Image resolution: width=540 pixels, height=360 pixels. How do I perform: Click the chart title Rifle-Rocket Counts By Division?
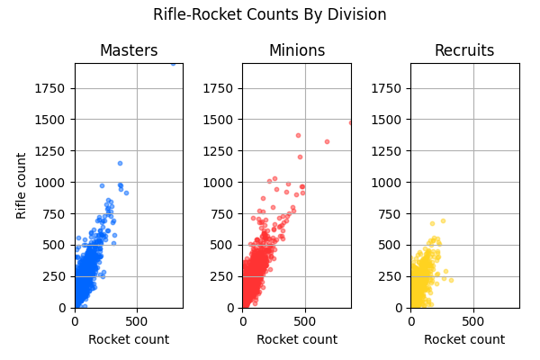click(x=270, y=14)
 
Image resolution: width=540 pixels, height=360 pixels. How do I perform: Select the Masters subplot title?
click(x=129, y=50)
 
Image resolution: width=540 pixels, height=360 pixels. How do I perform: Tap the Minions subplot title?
click(x=297, y=50)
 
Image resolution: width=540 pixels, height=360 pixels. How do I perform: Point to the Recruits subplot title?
click(x=464, y=50)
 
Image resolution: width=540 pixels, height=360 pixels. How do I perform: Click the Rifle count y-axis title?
click(x=22, y=185)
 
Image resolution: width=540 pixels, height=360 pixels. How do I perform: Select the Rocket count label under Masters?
click(x=129, y=339)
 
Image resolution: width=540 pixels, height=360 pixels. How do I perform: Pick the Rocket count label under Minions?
click(x=297, y=339)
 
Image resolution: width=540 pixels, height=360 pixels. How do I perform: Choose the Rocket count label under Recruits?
click(x=464, y=339)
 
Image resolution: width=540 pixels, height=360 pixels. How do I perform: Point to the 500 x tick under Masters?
click(x=137, y=320)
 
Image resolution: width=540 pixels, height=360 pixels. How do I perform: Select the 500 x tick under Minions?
click(x=305, y=320)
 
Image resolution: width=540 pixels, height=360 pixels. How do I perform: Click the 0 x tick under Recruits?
click(x=411, y=320)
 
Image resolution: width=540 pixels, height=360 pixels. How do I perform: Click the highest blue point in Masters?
click(x=174, y=64)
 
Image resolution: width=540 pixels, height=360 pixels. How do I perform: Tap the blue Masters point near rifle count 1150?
click(x=120, y=163)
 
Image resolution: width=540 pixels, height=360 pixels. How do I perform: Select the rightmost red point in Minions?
click(x=350, y=122)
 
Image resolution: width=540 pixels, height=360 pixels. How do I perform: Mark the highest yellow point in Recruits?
click(x=443, y=220)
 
